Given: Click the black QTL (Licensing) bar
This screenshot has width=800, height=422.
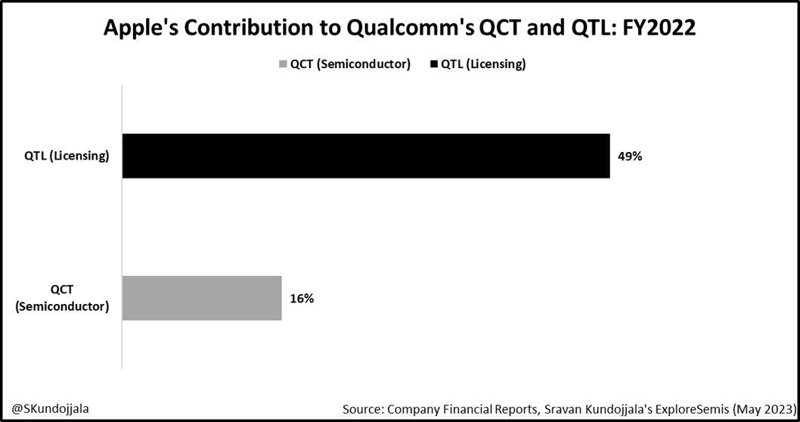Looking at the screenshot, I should (366, 156).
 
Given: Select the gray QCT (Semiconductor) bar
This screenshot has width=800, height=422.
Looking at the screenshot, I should (202, 298).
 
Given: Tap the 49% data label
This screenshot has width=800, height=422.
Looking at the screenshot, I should (631, 157).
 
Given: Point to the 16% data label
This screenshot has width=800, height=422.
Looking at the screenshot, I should (302, 298).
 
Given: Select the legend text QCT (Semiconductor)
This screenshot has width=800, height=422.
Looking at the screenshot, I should (350, 64).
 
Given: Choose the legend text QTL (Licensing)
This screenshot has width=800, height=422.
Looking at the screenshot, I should (483, 64).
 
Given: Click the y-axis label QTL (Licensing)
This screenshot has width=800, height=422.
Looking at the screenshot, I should (67, 157).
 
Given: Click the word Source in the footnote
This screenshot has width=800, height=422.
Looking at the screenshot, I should (361, 408).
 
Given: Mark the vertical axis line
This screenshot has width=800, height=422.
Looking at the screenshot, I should (122, 227).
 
